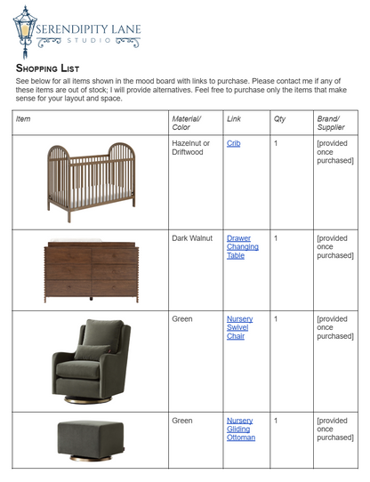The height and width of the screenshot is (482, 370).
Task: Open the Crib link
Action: click(x=233, y=143)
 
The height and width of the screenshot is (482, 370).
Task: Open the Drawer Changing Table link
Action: click(x=238, y=246)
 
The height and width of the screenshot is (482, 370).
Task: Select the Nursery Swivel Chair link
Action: click(x=238, y=327)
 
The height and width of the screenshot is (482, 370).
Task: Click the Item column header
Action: click(x=23, y=118)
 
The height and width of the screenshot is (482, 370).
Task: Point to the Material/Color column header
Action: click(x=187, y=123)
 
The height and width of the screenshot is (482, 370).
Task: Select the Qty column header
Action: click(x=279, y=118)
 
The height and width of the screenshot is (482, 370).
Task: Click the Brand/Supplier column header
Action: click(x=331, y=123)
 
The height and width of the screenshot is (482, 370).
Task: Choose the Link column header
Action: click(x=234, y=118)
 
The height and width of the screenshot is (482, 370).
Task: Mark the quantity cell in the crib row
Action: click(x=277, y=143)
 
